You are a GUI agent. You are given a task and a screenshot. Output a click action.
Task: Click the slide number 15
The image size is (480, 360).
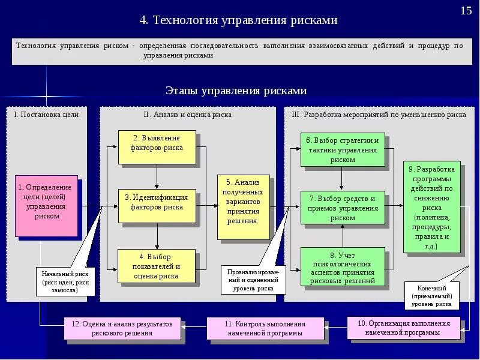466,11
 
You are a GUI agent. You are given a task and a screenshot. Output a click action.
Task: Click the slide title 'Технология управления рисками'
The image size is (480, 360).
239,20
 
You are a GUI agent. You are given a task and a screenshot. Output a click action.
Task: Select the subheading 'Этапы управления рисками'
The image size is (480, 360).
236,91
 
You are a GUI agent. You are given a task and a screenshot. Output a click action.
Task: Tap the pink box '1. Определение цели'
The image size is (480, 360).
46,206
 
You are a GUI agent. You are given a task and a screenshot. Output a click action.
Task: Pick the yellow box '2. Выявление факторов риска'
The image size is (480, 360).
157,147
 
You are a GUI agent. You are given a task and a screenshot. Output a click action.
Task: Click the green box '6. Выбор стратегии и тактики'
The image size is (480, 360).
343,149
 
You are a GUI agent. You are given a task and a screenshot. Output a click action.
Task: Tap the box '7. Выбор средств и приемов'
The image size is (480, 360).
343,208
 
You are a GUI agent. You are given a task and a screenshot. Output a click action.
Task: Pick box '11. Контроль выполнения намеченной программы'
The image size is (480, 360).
265,328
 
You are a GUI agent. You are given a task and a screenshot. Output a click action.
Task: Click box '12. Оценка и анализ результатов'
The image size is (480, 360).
122,328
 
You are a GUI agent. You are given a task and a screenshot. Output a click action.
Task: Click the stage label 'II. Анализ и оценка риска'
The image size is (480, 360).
187,114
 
